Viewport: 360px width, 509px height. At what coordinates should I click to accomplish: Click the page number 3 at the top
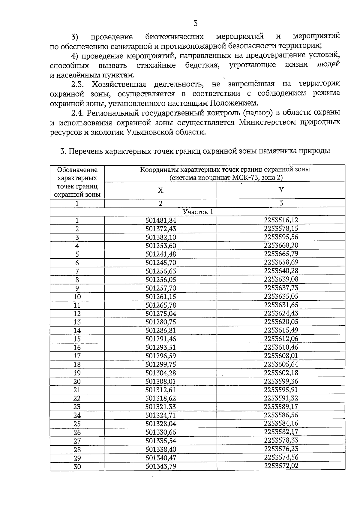195,23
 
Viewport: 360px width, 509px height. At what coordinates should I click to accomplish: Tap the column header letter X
161,190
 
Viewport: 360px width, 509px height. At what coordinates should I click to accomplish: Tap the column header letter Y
281,190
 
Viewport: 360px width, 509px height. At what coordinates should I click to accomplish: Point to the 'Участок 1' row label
198,212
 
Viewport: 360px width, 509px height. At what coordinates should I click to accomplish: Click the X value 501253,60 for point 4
161,246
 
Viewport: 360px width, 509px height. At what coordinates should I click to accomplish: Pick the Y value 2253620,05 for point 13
281,322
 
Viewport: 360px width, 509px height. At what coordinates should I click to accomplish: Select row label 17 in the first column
77,356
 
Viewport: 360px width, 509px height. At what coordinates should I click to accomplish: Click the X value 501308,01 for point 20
161,381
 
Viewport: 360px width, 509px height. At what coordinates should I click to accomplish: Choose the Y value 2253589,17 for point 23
281,407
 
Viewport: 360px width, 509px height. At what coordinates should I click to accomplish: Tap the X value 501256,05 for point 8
161,280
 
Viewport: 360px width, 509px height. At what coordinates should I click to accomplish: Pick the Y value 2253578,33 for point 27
281,441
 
